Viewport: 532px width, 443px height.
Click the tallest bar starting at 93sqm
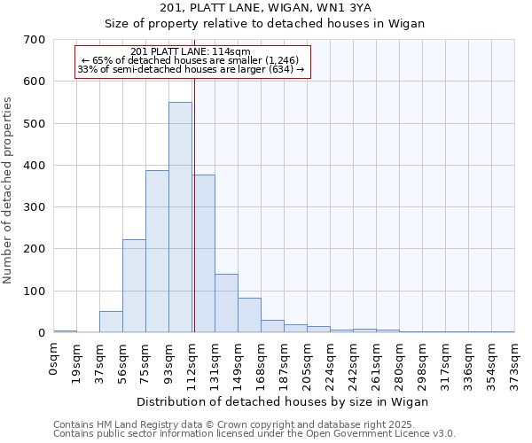(x=180, y=217)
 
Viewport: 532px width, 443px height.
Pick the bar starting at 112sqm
(x=204, y=253)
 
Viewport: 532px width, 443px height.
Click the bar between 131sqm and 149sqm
(x=226, y=303)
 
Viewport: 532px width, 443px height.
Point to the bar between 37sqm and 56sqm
(x=111, y=322)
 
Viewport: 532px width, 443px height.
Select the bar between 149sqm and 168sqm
(x=249, y=315)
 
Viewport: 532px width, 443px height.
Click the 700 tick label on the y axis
(x=35, y=40)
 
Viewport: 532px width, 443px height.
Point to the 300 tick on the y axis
(x=35, y=207)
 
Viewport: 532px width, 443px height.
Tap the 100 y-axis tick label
(x=35, y=291)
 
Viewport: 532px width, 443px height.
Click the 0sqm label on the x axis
(x=54, y=360)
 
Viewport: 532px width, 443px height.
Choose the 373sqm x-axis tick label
(x=515, y=363)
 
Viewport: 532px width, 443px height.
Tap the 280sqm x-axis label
(x=400, y=363)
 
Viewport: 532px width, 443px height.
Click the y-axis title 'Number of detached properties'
(x=9, y=191)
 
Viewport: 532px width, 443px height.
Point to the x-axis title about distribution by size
(x=284, y=401)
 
